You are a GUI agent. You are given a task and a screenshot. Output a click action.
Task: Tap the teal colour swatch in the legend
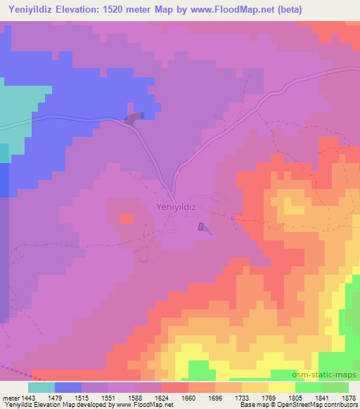41,387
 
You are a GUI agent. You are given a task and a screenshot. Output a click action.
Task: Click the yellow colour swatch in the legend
281,387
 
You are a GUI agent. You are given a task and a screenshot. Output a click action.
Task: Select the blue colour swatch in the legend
67,387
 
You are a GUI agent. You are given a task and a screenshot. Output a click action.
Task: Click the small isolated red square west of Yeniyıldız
127,219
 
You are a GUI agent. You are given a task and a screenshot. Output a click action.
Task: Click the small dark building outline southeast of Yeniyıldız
202,227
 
